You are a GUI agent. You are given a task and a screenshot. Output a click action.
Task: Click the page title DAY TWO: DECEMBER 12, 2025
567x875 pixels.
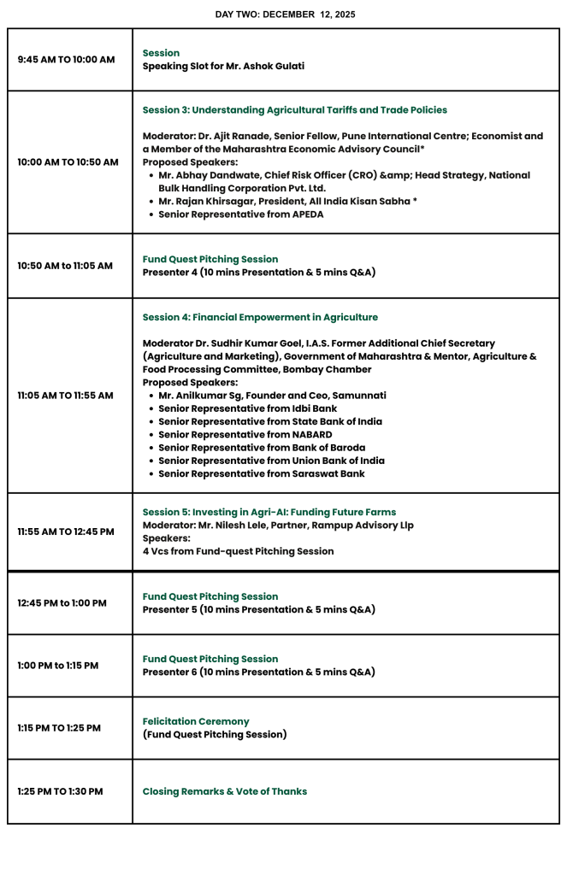(285, 15)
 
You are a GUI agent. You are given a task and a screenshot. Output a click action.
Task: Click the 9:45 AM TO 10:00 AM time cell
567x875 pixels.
(66, 60)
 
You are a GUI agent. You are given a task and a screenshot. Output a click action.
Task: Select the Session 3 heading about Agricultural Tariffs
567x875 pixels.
(294, 110)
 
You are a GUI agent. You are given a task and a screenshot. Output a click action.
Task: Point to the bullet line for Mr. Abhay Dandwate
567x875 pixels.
(344, 181)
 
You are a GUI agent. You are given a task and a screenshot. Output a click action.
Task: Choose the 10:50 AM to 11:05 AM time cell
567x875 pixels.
(65, 266)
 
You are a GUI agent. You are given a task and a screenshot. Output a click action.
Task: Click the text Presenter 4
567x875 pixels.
(170, 273)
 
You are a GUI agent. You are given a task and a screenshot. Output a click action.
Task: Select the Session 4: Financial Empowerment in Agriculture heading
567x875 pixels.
(260, 317)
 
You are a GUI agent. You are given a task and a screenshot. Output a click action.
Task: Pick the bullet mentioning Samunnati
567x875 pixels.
(272, 396)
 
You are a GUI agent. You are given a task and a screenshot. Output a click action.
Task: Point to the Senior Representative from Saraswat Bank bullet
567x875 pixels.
(261, 473)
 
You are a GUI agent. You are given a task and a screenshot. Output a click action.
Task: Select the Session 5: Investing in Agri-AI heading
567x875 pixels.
(269, 512)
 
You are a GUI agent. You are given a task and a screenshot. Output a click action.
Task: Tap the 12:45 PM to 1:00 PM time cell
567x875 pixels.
(62, 603)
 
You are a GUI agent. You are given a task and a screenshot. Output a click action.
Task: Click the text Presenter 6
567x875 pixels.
(170, 672)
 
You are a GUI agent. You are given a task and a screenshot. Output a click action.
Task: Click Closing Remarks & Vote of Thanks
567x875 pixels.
(225, 791)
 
